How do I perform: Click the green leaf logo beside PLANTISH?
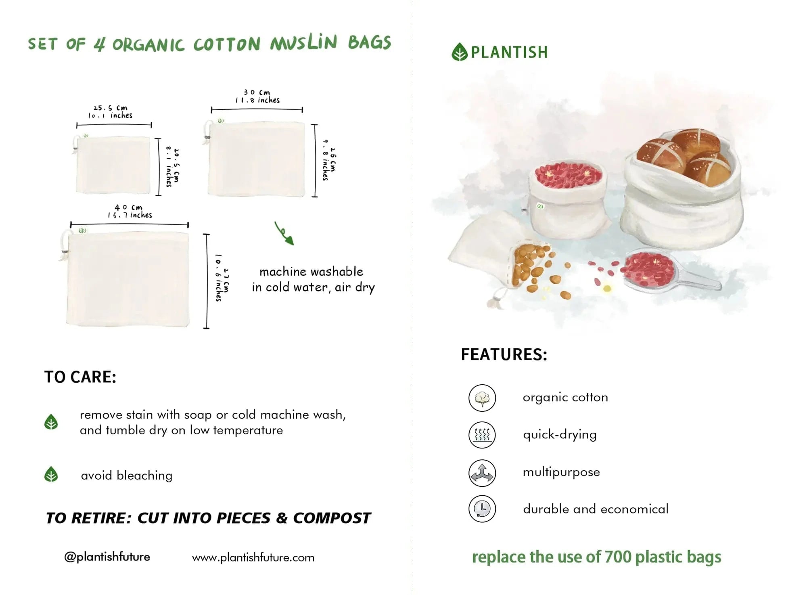pos(459,52)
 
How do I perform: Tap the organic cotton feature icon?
pos(482,398)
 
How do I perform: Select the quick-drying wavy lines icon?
pos(482,435)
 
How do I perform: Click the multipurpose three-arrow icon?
pos(482,473)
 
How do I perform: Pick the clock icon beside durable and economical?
pos(482,509)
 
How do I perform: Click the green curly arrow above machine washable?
pos(284,233)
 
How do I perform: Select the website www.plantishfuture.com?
pos(253,557)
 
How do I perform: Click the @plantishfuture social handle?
pos(107,557)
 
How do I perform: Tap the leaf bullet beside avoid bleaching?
pos(51,475)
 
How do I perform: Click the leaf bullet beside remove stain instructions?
pos(51,422)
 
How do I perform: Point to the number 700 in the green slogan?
pos(618,557)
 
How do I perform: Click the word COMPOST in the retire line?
pos(331,518)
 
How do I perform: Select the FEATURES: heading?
pos(504,354)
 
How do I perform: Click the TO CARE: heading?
pos(80,377)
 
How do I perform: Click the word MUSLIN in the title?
pos(303,43)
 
